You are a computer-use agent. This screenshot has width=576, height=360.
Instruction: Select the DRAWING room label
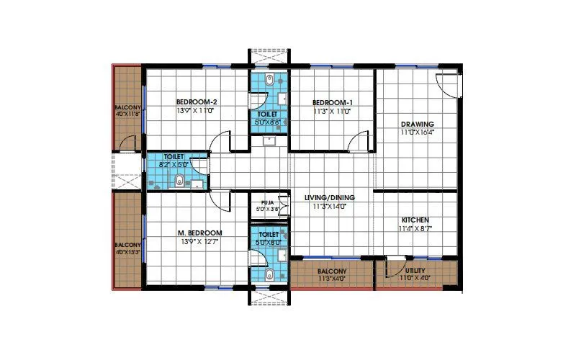[x=417, y=124]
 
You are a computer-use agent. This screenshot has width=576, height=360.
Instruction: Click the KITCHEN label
[x=416, y=220]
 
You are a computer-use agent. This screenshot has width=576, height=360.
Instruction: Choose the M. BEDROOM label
[x=200, y=233]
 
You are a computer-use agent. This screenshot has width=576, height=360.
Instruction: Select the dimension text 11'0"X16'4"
[x=418, y=133]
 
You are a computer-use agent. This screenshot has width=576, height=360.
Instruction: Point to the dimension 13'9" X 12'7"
[x=200, y=242]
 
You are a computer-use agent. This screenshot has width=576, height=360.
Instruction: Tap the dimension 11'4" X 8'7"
[x=416, y=229]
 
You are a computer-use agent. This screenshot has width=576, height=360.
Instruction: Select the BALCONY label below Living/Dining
[x=332, y=271]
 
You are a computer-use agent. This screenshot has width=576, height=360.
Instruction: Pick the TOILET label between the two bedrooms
[x=268, y=114]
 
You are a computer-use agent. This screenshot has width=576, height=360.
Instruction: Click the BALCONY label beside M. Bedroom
[x=128, y=245]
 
